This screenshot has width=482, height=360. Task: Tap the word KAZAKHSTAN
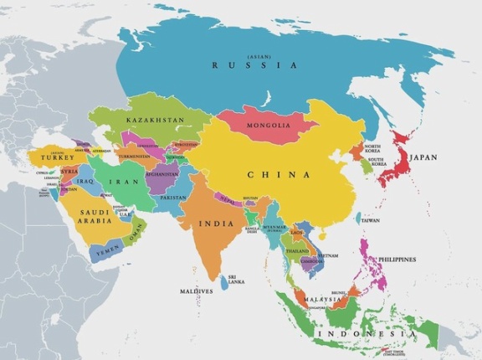tap(155, 121)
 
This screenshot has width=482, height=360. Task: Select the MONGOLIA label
tap(269, 126)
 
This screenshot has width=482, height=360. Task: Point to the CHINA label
tap(279, 175)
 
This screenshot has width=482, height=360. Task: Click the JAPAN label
tap(423, 157)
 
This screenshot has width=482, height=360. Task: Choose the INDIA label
tap(216, 224)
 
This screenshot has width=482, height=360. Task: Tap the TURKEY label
tap(57, 157)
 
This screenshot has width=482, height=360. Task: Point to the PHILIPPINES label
tap(397, 260)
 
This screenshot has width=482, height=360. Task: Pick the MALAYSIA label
tap(322, 299)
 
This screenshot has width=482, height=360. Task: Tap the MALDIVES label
tap(197, 291)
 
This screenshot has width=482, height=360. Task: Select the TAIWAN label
tap(369, 220)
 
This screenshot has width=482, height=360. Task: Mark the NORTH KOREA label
tap(372, 147)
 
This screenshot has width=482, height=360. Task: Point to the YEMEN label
tap(108, 250)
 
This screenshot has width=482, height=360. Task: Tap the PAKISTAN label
tap(173, 198)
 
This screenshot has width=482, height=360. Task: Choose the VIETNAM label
tap(327, 255)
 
